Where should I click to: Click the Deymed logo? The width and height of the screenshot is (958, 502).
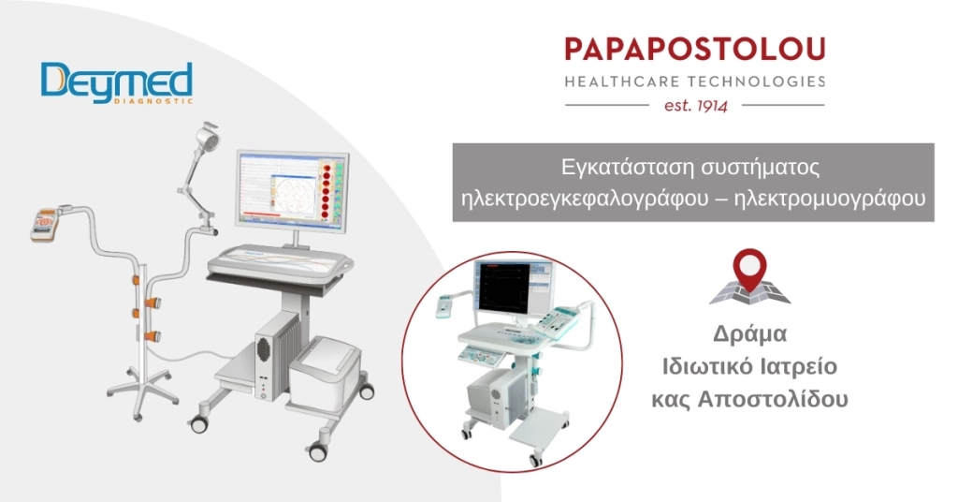[116, 83]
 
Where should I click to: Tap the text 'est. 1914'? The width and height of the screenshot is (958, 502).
[695, 105]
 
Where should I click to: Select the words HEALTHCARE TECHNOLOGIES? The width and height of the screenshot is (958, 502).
[695, 81]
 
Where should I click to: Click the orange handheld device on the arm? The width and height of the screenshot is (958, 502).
[45, 222]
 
